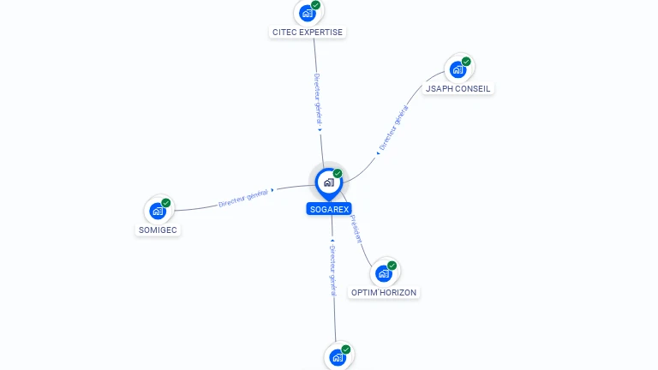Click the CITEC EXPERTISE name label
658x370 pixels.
coord(308,33)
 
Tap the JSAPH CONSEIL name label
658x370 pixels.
coord(458,88)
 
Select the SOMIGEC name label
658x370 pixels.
coord(159,230)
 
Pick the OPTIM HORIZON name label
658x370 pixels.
coord(384,293)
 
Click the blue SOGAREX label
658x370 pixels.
coord(329,209)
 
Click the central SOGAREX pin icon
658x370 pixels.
coord(328,182)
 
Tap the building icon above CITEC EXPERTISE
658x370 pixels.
coord(308,13)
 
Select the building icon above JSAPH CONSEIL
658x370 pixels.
coord(458,69)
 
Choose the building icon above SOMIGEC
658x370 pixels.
coord(158,211)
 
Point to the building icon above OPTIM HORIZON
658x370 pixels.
coord(384,273)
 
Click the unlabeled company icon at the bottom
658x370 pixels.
coord(338,357)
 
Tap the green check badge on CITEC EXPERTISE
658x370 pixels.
coord(316,5)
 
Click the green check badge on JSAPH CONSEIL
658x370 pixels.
coord(467,62)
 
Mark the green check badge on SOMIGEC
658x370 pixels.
coord(166,203)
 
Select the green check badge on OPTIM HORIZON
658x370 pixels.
coord(392,266)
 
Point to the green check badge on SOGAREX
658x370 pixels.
coord(338,174)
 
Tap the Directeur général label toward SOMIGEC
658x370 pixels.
coord(243,199)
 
